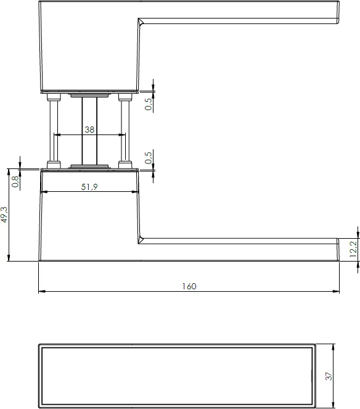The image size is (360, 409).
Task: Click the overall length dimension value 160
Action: (x=189, y=286)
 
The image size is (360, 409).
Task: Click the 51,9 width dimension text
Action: (x=89, y=187)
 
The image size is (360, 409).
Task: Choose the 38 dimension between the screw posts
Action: (x=89, y=130)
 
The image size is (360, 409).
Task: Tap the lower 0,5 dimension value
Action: (x=148, y=158)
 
